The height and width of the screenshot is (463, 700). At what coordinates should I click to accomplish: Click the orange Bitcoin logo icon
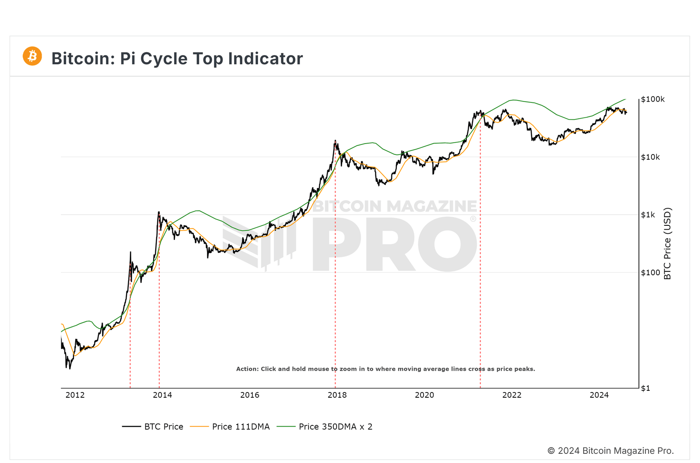(x=32, y=56)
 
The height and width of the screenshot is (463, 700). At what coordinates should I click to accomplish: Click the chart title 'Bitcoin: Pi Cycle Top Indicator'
(x=177, y=59)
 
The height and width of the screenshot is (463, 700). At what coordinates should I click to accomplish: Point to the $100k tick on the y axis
(x=653, y=99)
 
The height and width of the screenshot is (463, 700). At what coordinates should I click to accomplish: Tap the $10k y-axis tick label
(x=650, y=157)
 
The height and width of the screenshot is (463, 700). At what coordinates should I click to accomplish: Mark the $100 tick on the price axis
(x=650, y=273)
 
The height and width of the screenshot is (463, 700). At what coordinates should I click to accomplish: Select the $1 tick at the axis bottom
(x=645, y=388)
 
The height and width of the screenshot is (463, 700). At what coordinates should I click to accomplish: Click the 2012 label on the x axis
(x=75, y=395)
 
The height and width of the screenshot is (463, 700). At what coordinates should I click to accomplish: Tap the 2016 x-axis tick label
(x=250, y=395)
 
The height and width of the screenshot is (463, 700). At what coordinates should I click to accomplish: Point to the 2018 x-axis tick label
(x=337, y=395)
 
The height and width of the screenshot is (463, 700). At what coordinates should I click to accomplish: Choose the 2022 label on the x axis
(x=512, y=395)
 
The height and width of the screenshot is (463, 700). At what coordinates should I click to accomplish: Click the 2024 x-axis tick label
(x=599, y=395)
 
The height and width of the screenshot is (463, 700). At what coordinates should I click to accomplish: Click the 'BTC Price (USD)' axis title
(x=667, y=243)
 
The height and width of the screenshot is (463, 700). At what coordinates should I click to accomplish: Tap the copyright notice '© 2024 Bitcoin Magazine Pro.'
(x=610, y=451)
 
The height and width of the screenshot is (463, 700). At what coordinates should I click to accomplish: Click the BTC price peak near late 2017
(x=335, y=141)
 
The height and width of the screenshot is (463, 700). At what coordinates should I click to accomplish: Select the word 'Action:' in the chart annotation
(x=247, y=369)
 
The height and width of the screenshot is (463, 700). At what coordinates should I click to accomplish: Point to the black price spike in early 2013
(x=130, y=253)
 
